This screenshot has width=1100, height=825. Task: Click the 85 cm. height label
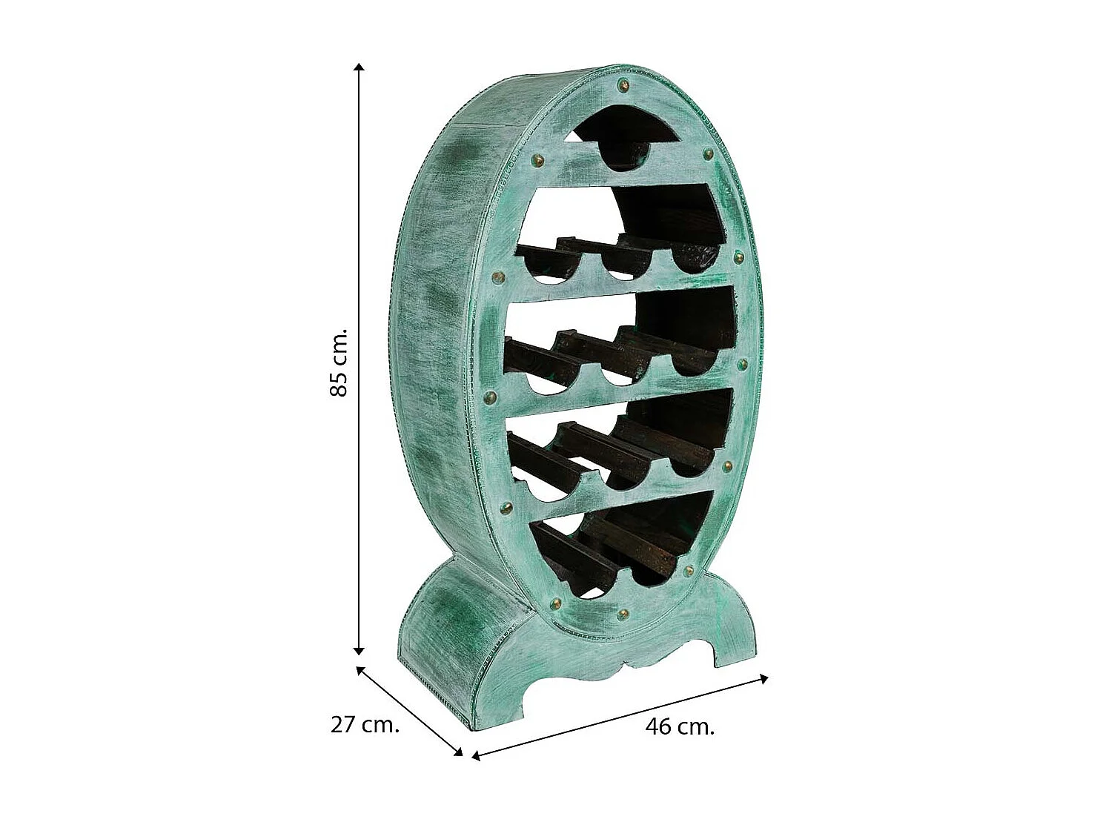(339, 363)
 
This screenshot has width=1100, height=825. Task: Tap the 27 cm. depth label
(365, 725)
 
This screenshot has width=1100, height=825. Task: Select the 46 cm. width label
(680, 726)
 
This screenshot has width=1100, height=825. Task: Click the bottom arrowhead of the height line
(358, 650)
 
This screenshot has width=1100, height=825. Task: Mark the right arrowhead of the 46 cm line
(763, 678)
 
